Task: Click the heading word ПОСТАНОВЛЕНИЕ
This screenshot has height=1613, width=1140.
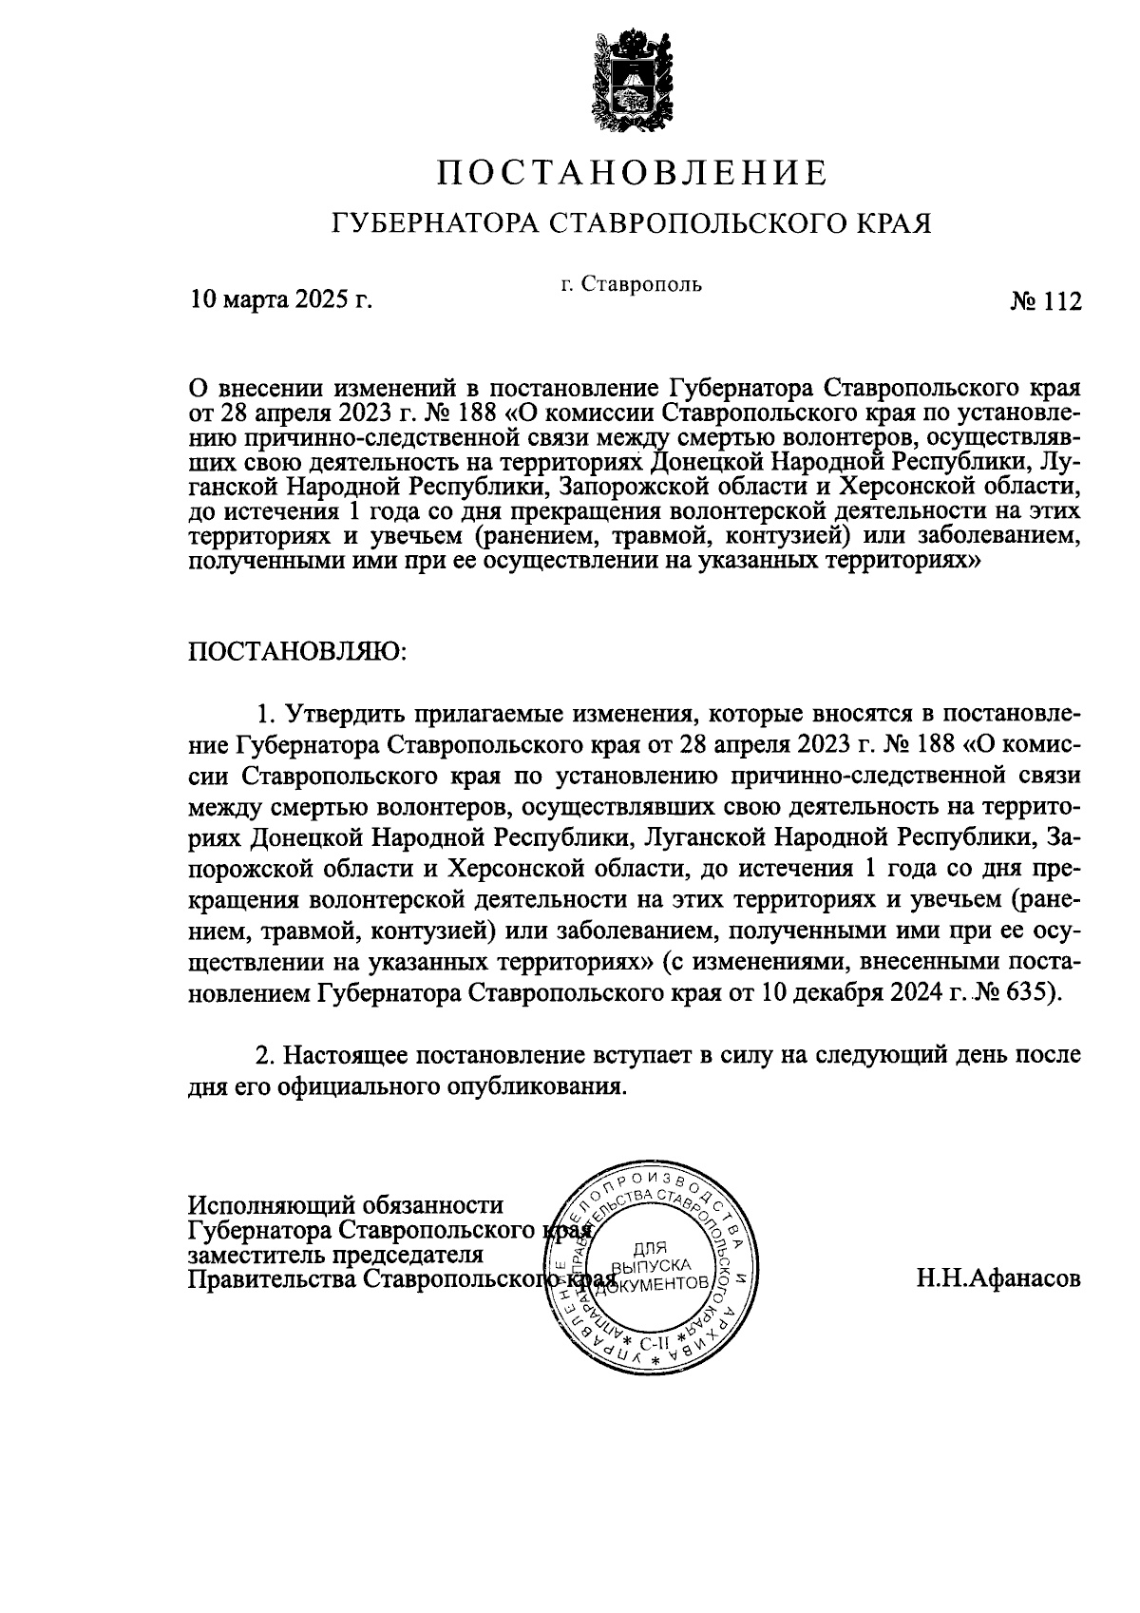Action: coord(632,173)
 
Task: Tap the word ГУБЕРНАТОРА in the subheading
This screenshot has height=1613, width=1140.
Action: coord(433,224)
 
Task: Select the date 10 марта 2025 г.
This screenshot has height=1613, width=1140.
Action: coord(280,301)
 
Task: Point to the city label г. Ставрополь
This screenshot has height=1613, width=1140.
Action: coord(631,283)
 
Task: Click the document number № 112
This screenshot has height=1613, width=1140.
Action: coord(1045,301)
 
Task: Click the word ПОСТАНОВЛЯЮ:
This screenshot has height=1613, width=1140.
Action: coord(298,651)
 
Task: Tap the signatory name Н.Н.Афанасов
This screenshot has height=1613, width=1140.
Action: coord(997,1278)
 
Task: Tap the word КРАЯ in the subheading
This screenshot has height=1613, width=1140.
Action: coord(891,224)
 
